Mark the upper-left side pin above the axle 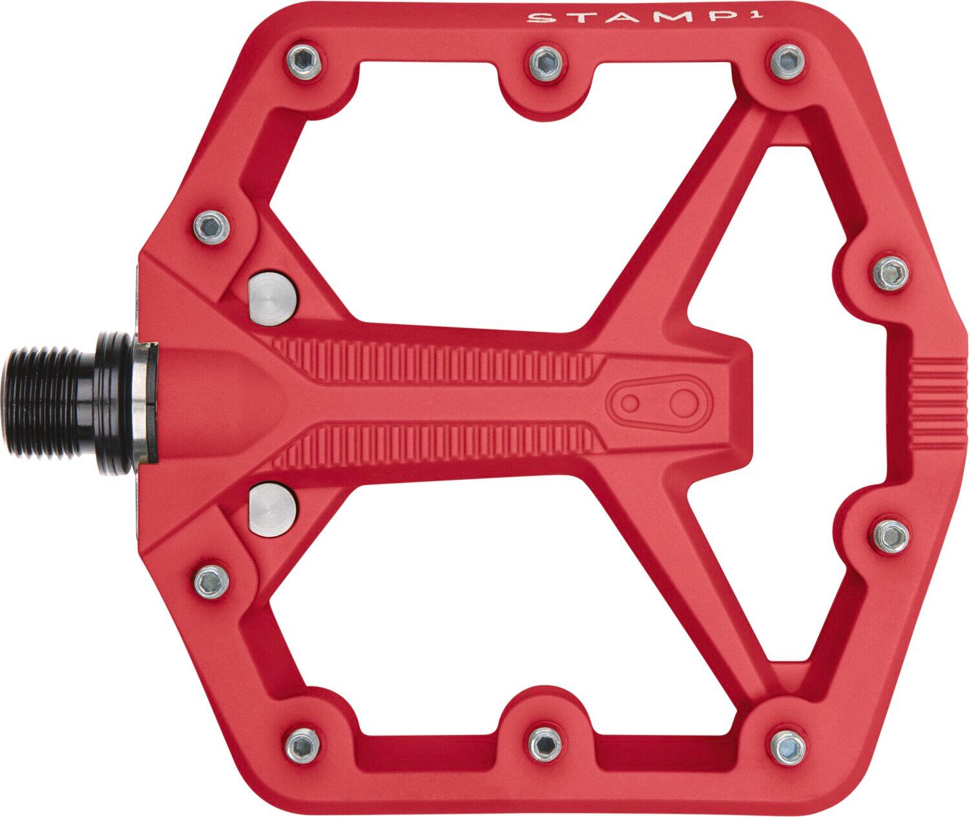coord(211,224)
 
